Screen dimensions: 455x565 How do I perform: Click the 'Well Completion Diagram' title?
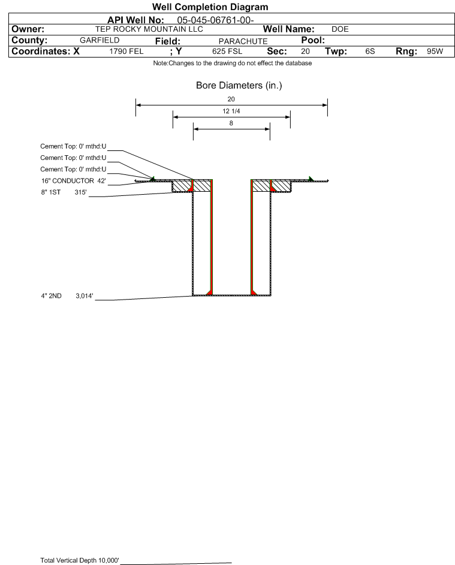pos(210,7)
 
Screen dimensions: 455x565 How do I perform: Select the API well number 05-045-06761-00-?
pos(215,20)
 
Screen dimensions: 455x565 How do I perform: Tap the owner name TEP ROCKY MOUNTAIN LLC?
pos(149,29)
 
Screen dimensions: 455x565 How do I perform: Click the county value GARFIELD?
pos(100,40)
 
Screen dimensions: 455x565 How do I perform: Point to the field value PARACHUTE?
pos(243,41)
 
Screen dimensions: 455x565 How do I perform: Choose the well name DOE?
pos(340,29)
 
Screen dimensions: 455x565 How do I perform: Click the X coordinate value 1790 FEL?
pos(126,52)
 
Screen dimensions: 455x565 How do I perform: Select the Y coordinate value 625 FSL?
pos(227,52)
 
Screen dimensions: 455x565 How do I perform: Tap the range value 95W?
pos(435,52)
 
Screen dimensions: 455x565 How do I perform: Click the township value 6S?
pos(370,52)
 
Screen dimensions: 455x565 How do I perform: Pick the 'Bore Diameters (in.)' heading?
pos(239,86)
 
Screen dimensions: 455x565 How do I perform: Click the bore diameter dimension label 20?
pos(231,99)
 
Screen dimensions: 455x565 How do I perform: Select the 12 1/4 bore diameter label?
pos(231,111)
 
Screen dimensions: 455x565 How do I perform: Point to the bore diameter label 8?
pos(231,123)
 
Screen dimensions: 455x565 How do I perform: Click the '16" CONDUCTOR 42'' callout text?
pos(74,181)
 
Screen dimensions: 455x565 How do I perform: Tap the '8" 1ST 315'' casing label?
pos(64,192)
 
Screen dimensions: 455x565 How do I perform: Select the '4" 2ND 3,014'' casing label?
pos(67,296)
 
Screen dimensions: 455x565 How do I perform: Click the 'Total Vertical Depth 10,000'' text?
pos(80,560)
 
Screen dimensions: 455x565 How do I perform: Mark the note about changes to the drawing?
pos(233,63)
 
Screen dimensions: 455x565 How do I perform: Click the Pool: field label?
pos(313,40)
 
